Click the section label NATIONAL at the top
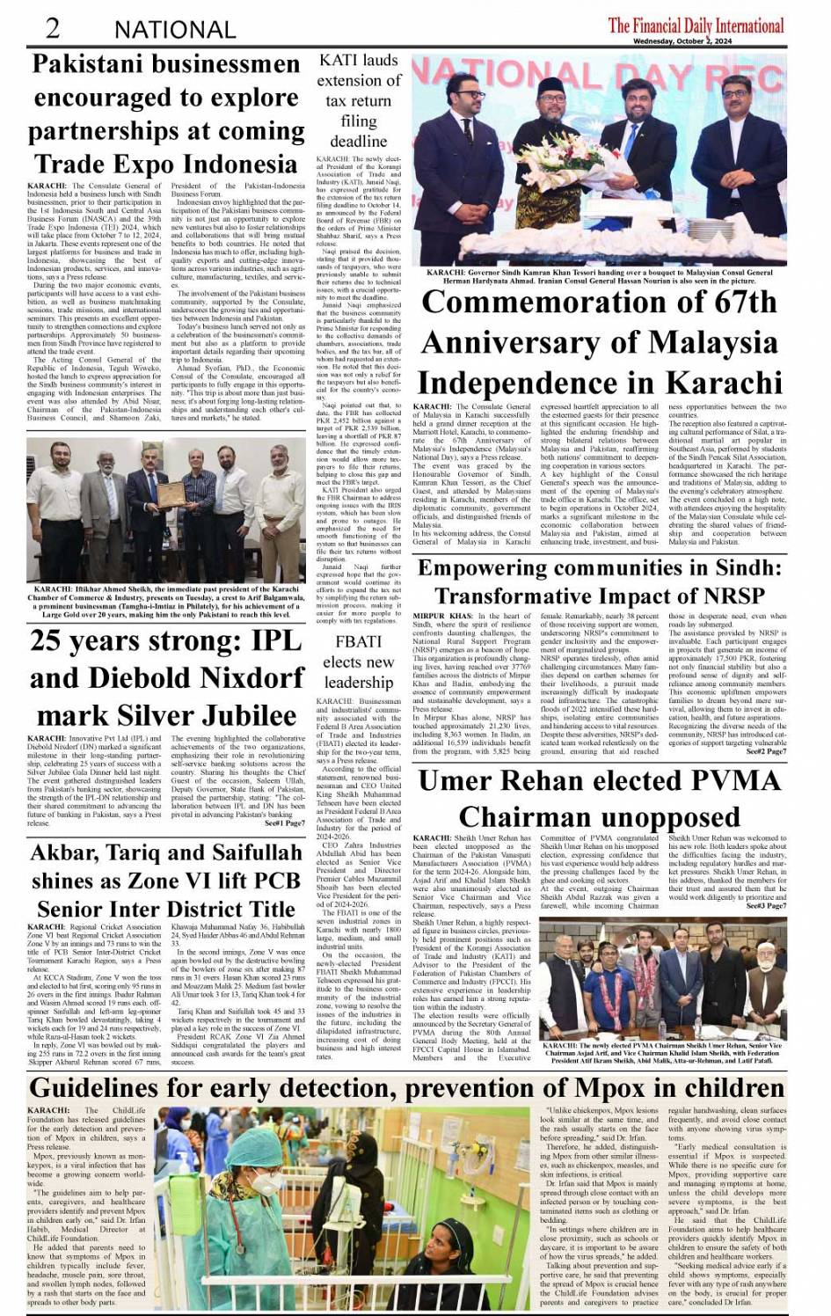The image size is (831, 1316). tap(175, 29)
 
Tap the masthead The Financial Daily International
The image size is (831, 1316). tap(696, 25)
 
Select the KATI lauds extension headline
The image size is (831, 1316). tap(359, 100)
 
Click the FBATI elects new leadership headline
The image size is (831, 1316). tap(358, 662)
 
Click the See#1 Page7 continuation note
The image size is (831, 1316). tap(284, 823)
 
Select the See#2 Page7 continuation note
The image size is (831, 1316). tap(766, 752)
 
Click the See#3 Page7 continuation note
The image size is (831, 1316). tap(766, 905)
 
